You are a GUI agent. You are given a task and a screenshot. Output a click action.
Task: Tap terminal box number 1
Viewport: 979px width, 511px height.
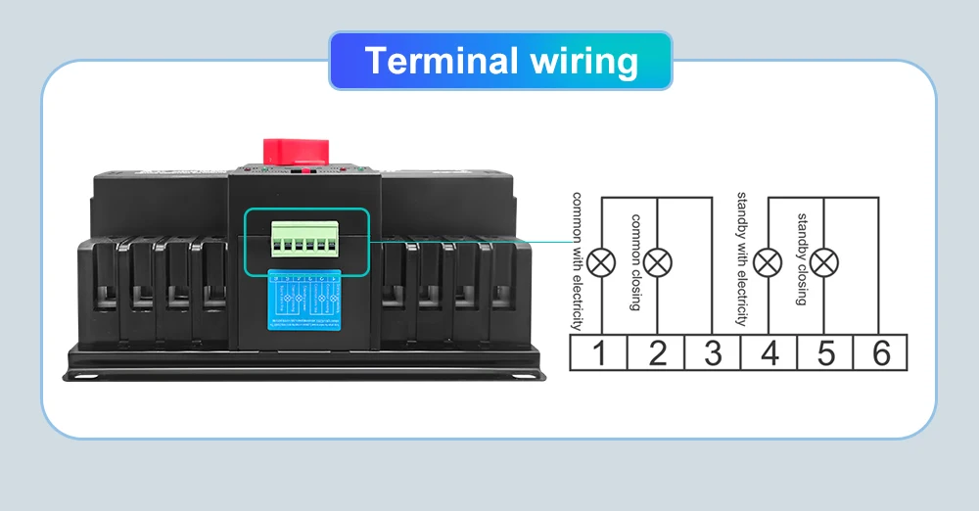click(x=600, y=352)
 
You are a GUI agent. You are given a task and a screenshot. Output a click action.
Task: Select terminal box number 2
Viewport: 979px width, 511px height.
click(x=657, y=352)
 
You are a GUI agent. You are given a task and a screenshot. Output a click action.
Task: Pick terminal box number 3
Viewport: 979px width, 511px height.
click(x=713, y=352)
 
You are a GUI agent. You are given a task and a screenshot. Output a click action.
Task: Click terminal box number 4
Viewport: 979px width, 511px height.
click(x=769, y=352)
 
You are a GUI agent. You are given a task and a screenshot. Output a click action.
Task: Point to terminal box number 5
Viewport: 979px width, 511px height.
click(x=826, y=352)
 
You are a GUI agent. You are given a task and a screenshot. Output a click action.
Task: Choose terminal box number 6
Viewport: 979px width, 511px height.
click(x=882, y=352)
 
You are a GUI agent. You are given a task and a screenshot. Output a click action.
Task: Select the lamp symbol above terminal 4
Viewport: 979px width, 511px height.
click(x=771, y=261)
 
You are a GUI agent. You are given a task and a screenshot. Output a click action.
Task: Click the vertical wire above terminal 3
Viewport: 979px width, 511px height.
click(x=712, y=264)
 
